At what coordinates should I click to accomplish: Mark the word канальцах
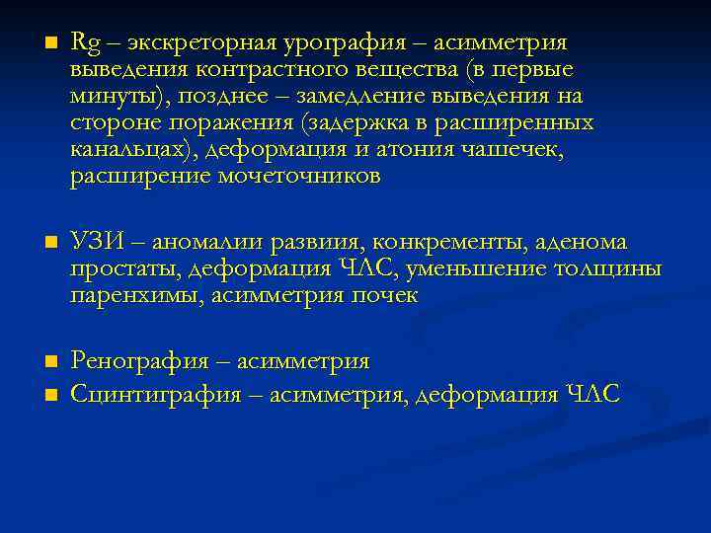coord(121,150)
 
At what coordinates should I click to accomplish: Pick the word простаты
coord(124,269)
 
